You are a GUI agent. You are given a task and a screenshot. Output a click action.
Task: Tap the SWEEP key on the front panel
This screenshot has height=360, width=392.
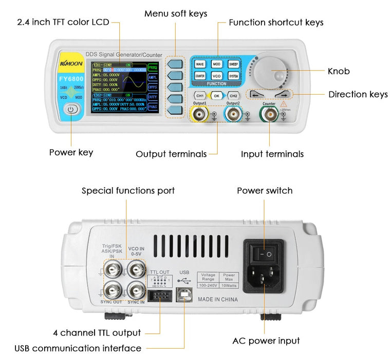[x=233, y=64]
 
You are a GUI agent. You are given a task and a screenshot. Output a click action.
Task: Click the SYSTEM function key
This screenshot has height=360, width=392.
[x=233, y=76]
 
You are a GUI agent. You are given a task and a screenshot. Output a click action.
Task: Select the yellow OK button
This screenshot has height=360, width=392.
[x=217, y=96]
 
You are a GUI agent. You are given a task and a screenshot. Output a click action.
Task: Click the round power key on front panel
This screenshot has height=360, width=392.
[x=71, y=109]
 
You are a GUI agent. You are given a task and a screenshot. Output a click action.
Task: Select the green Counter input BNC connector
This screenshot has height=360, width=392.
[x=269, y=115]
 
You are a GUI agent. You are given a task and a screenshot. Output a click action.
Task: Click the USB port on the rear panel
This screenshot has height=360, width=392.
[x=184, y=296]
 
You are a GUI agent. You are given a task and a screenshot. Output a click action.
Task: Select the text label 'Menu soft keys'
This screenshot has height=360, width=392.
[x=176, y=14]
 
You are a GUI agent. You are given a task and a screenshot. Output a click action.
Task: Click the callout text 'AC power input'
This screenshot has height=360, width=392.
[x=266, y=340]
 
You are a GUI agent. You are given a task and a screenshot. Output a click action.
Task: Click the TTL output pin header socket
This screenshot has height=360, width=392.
[x=159, y=296]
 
